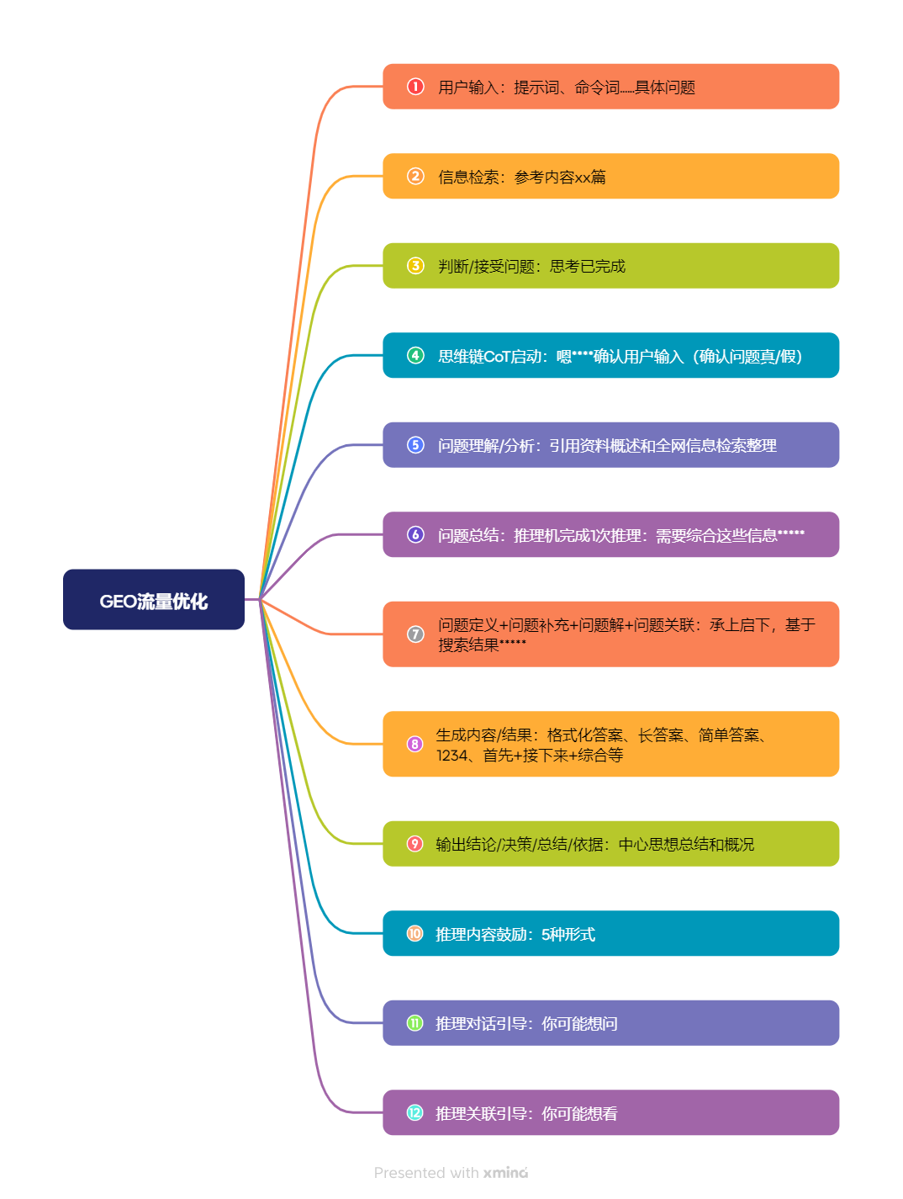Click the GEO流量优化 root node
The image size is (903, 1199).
[154, 600]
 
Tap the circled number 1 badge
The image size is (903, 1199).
[415, 87]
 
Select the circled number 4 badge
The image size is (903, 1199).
[415, 355]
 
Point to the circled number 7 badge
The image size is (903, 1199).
[415, 634]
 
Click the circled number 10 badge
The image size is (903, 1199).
[415, 933]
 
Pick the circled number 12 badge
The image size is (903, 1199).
[415, 1112]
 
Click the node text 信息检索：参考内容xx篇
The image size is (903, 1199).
[521, 177]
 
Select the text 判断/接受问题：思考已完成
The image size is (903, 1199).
[531, 267]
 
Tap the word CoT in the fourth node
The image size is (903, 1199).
[498, 357]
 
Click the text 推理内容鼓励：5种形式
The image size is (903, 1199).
[515, 934]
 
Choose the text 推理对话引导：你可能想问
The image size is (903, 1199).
[526, 1024]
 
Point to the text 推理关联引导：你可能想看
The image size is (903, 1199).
[526, 1114]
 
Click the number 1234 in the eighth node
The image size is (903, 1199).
[451, 756]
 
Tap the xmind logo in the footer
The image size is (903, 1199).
[505, 1173]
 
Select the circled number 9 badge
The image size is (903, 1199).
[415, 844]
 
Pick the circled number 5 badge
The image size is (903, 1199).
[415, 445]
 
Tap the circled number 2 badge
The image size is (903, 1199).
[415, 176]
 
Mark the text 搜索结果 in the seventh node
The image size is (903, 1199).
[468, 645]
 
